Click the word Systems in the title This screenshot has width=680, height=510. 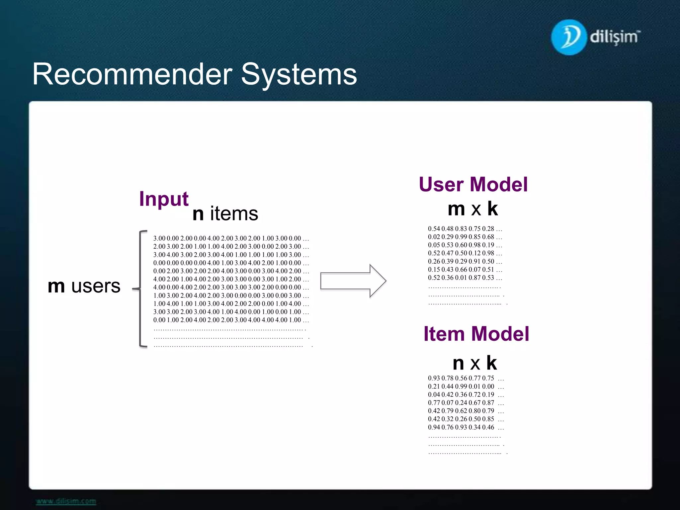[299, 74]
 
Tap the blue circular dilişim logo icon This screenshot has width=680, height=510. [568, 37]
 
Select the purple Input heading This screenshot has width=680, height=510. [164, 199]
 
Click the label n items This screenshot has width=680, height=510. [225, 213]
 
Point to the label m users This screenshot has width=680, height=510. [84, 286]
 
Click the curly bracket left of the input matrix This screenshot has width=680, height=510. [141, 289]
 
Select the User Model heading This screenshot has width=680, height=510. [473, 185]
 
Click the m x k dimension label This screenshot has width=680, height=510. [473, 209]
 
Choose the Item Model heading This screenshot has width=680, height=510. [476, 334]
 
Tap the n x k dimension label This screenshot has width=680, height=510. [475, 363]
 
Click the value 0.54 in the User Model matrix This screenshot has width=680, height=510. [434, 229]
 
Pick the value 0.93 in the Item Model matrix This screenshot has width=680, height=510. [434, 378]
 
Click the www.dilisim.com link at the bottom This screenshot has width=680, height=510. [66, 501]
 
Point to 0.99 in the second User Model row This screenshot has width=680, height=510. [461, 237]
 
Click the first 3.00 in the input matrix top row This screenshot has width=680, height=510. [159, 238]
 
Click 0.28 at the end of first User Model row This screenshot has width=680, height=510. [488, 229]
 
